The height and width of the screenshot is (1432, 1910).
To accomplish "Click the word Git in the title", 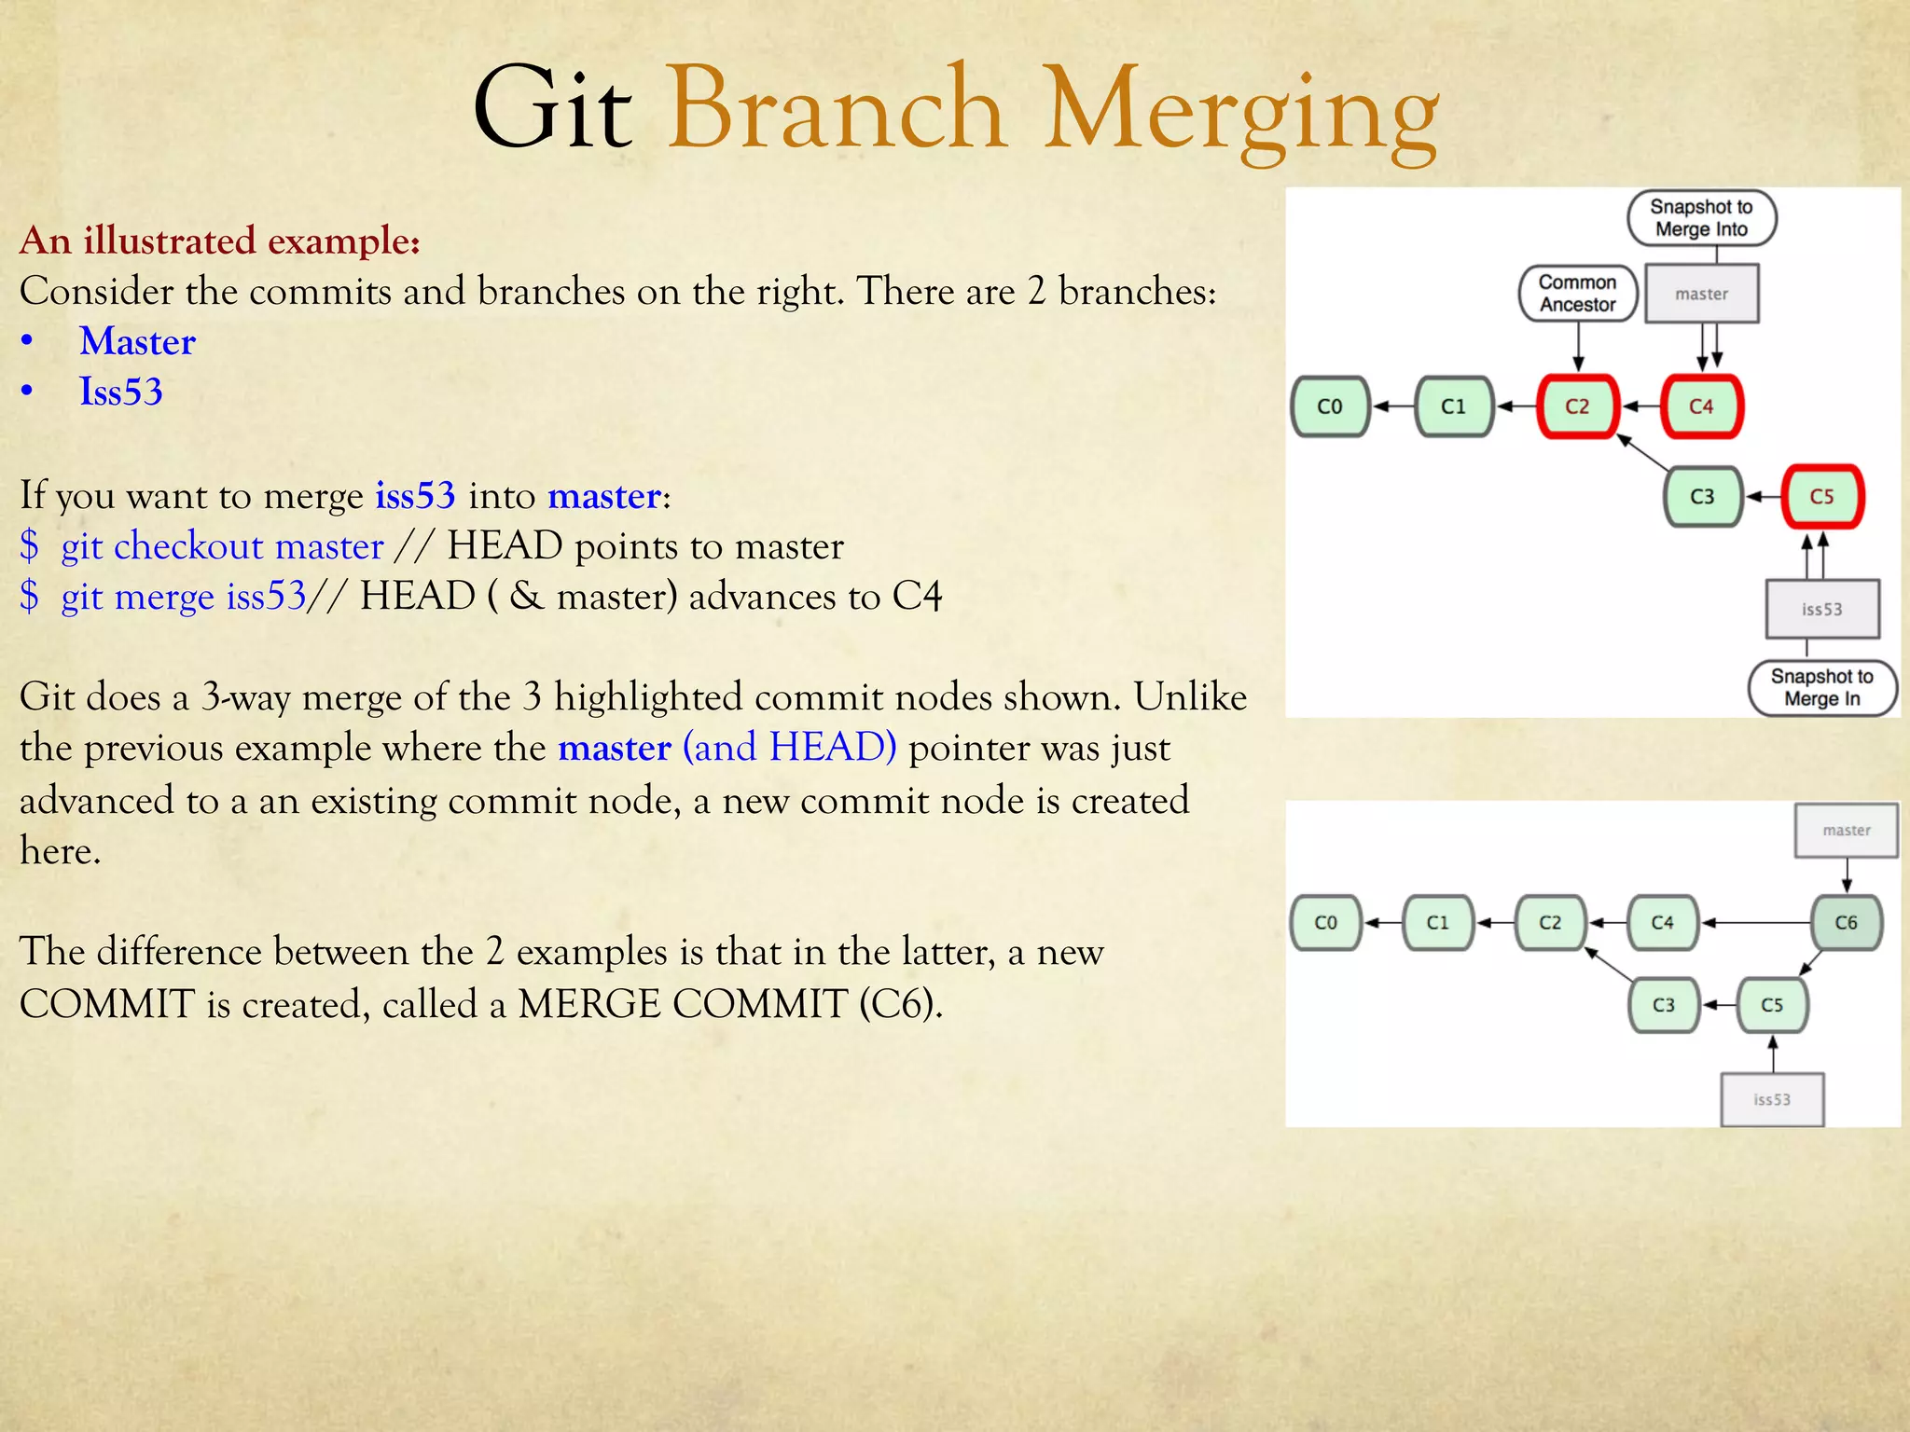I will click(553, 109).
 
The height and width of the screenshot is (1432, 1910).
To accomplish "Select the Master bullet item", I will click(137, 342).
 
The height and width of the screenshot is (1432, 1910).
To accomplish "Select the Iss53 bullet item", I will click(120, 392).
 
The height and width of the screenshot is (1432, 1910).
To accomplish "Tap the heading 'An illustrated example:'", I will click(220, 241).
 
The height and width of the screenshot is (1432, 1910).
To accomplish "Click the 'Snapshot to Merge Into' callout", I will click(1701, 218).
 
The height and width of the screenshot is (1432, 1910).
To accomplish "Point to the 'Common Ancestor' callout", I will click(1577, 293).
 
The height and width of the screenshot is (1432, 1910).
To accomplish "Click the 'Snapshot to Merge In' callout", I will click(1821, 688).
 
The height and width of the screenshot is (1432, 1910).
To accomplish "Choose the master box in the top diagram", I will click(1701, 294).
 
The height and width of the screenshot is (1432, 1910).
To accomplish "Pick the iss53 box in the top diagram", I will click(1821, 609).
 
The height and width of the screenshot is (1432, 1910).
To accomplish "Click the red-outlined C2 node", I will click(1577, 406).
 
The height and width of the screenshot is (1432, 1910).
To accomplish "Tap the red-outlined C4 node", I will click(1701, 406).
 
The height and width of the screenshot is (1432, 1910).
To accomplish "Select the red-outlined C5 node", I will click(1821, 496).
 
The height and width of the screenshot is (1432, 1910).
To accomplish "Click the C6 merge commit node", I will click(1846, 922).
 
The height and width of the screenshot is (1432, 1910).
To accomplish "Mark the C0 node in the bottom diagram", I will click(1325, 922).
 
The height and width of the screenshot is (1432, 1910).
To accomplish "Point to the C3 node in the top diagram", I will click(1702, 496).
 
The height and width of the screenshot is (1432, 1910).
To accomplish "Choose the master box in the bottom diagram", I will click(1846, 830).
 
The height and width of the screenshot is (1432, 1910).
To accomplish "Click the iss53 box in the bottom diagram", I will click(1771, 1099).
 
